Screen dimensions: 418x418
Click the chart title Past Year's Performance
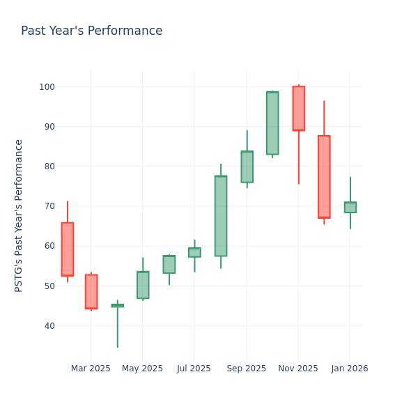91,31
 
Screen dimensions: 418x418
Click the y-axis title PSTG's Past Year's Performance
19,215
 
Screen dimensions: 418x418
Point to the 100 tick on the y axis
47,87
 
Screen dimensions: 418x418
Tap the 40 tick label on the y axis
49,326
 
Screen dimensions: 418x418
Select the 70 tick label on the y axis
49,206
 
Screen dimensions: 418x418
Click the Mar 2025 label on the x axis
91,369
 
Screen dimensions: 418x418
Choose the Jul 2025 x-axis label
194,369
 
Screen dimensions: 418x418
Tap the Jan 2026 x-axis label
350,369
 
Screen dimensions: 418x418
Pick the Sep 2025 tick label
246,369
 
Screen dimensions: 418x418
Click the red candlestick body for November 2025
298,108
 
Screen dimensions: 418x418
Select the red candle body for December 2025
324,177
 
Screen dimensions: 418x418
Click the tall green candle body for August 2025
220,216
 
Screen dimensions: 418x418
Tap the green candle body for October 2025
272,123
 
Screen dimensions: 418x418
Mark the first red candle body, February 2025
68,249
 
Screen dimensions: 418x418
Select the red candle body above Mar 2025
91,291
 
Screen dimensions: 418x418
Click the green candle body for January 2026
350,208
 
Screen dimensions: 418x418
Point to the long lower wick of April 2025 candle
117,327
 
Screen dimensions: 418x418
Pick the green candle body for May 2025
143,285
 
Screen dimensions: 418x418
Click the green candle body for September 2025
247,167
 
